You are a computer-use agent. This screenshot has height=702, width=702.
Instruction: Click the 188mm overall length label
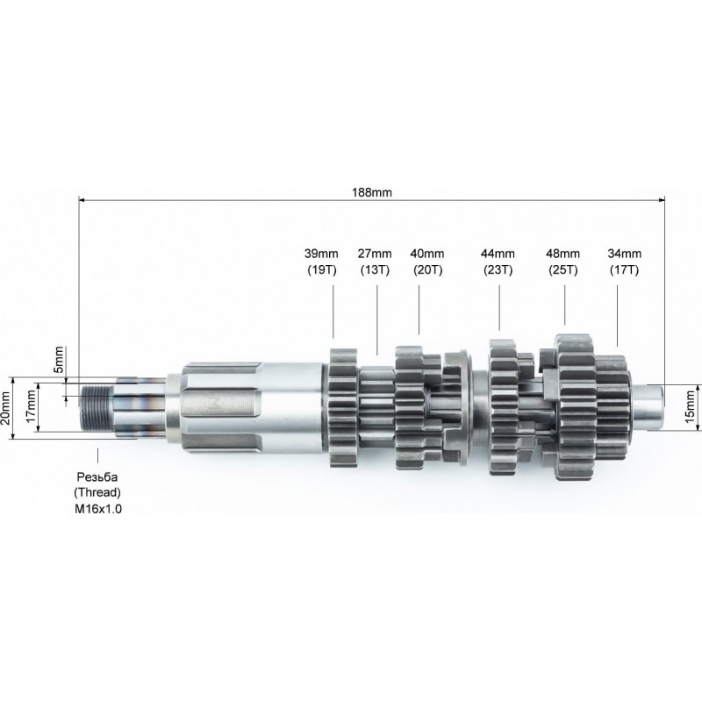pos(371,192)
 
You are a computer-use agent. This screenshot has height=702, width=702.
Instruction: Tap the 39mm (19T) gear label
pos(321,261)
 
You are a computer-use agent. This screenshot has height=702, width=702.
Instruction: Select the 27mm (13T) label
pos(375,261)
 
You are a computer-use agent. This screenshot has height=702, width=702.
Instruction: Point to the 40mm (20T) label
pos(427,261)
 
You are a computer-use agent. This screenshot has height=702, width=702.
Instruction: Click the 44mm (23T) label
pos(498,261)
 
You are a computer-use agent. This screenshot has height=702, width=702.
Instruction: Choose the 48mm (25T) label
pos(562,261)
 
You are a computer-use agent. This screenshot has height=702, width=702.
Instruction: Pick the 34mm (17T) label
pos(624,261)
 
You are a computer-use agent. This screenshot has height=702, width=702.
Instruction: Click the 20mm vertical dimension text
pos(5,408)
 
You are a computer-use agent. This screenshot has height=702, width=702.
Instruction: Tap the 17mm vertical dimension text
pos(31,405)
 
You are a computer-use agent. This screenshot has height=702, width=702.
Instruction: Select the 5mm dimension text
pos(59,360)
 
